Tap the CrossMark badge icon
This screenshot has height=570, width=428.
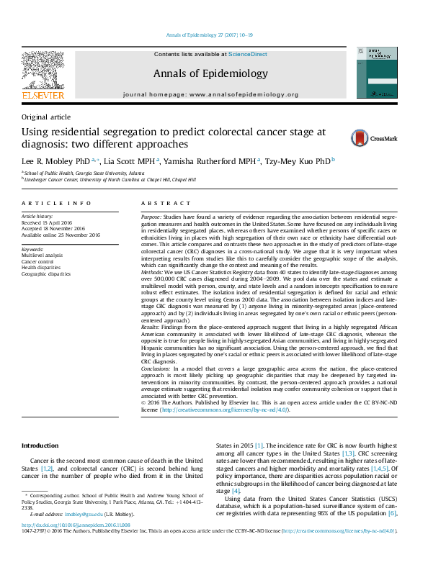(349, 138)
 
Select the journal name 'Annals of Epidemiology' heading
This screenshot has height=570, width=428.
(210, 73)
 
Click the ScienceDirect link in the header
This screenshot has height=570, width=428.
(248, 54)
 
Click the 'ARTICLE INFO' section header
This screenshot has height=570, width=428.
(56, 204)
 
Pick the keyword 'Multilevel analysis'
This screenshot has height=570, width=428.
(42, 255)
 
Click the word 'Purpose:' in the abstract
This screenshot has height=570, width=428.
(151, 216)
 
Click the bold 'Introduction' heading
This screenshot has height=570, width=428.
(42, 446)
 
